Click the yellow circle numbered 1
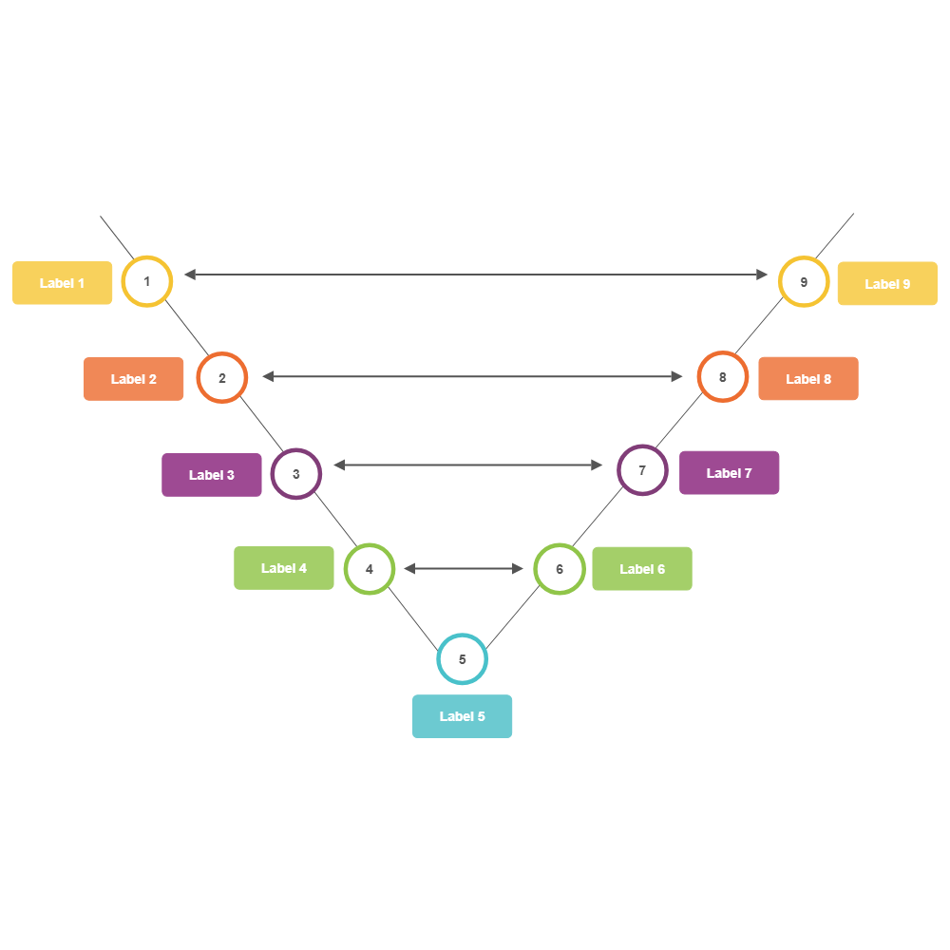click(147, 281)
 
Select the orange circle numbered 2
click(222, 378)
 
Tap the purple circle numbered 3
click(296, 473)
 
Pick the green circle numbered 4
click(370, 569)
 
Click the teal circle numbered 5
click(463, 659)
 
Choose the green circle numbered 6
click(560, 569)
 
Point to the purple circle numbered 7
click(642, 470)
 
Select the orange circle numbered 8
click(723, 377)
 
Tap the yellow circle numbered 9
click(804, 282)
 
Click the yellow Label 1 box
click(63, 283)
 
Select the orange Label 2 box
click(134, 379)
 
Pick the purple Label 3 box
click(212, 475)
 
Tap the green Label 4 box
click(284, 568)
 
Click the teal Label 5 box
click(463, 716)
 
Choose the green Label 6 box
click(642, 569)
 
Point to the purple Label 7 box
click(730, 473)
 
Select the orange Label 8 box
click(808, 379)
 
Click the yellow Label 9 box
click(887, 284)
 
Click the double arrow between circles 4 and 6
click(464, 569)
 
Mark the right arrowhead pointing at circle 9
click(762, 275)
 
